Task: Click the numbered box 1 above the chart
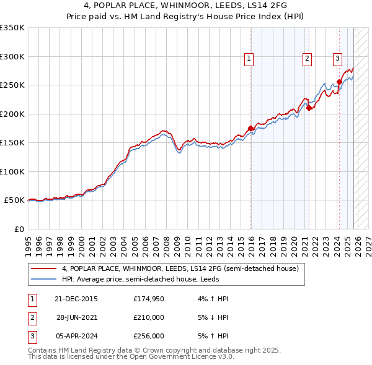coord(249,59)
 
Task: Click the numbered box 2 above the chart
coord(307,59)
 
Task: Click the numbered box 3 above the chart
coord(337,59)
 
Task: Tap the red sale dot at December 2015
coord(251,129)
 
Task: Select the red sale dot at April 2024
coord(339,82)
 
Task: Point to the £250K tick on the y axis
coord(12,85)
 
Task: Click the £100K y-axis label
coord(12,171)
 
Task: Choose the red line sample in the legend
coord(43,268)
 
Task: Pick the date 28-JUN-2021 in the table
coord(76,317)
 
